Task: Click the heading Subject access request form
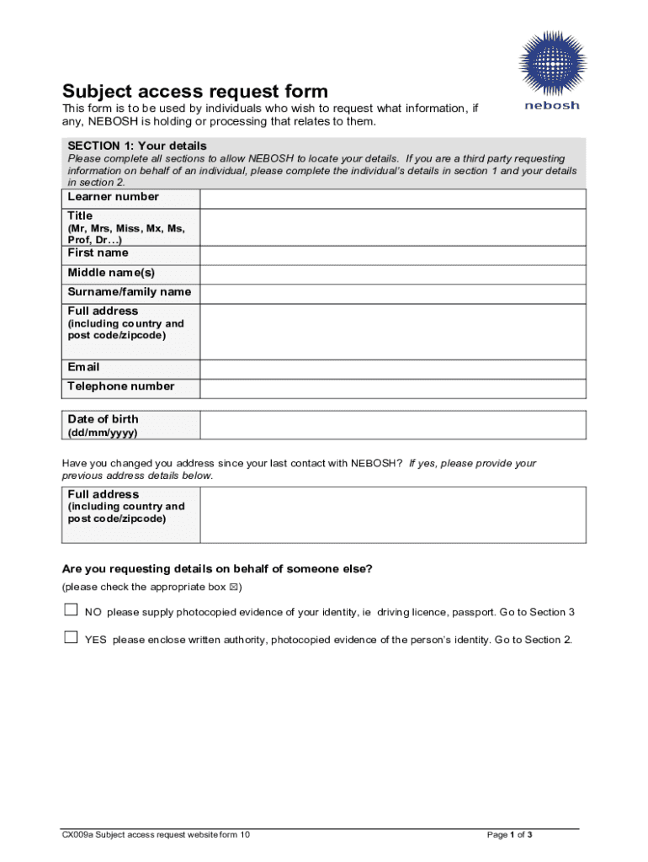click(x=195, y=91)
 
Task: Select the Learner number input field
click(x=392, y=198)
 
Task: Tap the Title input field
click(x=392, y=227)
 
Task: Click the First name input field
click(x=392, y=254)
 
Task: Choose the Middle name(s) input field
click(x=392, y=274)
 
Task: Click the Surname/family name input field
click(x=392, y=293)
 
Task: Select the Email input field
click(x=392, y=369)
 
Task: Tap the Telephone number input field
click(x=392, y=388)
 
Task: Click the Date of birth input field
click(x=392, y=424)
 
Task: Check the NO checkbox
click(x=71, y=610)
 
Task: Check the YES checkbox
click(x=71, y=638)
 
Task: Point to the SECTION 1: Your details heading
click(x=137, y=146)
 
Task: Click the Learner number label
click(x=113, y=197)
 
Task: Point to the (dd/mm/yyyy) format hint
click(x=102, y=433)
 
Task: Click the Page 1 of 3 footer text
click(x=510, y=835)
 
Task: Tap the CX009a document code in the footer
click(x=76, y=835)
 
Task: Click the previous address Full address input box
click(x=392, y=514)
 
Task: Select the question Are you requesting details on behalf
click(x=217, y=569)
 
